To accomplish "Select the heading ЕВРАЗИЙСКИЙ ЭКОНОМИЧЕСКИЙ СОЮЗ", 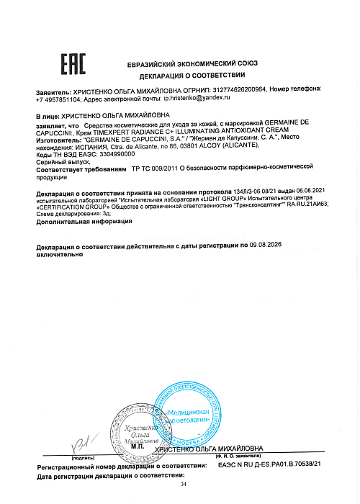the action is tap(192, 65).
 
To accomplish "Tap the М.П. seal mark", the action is tap(138, 447).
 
